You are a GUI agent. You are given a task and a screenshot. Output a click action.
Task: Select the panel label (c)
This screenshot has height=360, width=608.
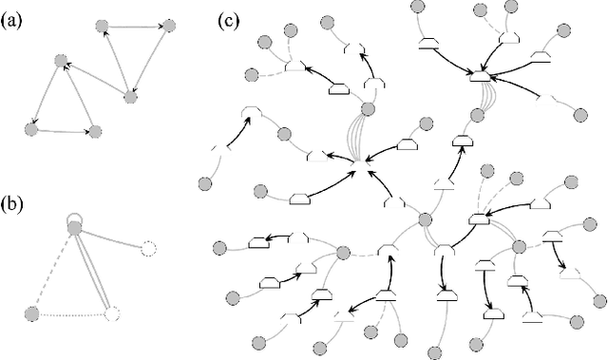228,18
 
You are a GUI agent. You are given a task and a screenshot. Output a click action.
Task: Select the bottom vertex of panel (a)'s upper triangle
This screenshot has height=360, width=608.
130,97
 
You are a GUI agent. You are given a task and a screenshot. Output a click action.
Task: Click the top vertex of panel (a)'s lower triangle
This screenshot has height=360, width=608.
60,62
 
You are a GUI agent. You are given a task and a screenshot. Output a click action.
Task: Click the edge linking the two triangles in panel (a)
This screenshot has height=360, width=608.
95,79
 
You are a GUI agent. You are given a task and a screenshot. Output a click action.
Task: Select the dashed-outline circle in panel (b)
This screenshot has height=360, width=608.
147,249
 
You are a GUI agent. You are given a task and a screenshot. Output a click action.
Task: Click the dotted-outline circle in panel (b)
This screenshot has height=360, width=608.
112,313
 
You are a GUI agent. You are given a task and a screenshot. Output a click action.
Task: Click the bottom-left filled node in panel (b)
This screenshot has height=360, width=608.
31,313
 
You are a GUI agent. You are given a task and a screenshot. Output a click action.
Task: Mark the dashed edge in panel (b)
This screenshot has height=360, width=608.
52,271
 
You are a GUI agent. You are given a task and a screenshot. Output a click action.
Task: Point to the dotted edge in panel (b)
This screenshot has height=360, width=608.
71,313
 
